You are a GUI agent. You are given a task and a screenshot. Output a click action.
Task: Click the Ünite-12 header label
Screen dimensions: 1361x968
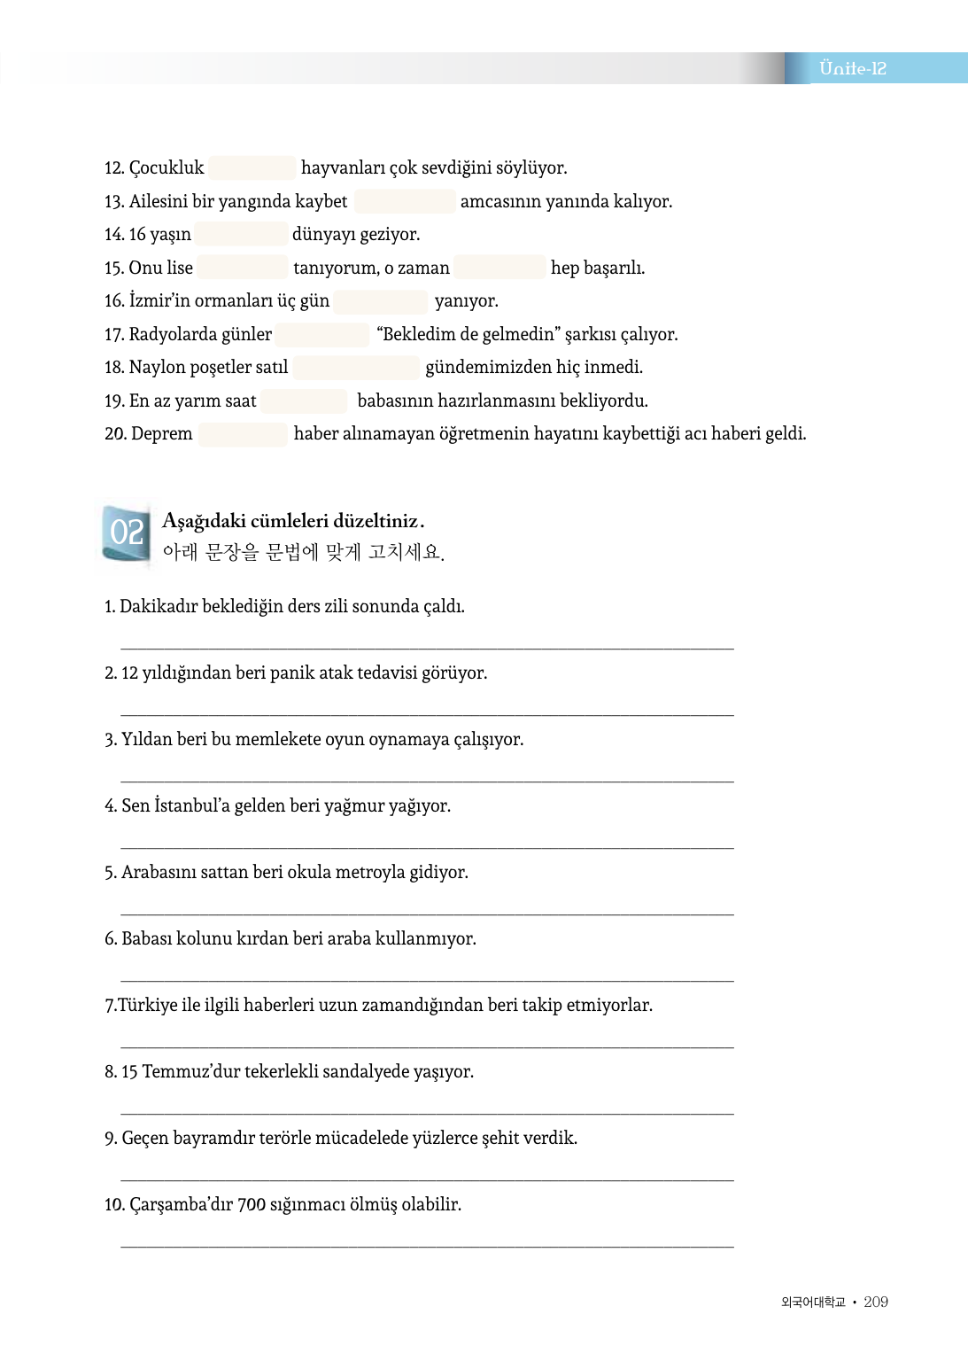click(x=852, y=68)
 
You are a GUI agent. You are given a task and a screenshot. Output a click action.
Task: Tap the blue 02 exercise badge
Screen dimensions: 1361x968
click(x=126, y=533)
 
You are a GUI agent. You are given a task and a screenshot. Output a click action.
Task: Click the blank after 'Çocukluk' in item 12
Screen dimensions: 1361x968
click(x=252, y=167)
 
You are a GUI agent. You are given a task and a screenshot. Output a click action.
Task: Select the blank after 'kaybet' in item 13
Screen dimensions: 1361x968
click(x=405, y=201)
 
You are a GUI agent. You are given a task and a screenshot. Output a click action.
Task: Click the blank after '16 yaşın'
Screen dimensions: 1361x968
click(x=241, y=234)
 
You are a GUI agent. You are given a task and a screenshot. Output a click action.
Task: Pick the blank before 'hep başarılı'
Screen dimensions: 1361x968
click(x=499, y=268)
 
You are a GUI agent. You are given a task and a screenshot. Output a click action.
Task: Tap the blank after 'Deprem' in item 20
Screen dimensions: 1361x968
click(x=243, y=433)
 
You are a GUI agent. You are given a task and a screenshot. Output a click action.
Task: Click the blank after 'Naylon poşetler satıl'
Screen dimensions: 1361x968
click(x=356, y=367)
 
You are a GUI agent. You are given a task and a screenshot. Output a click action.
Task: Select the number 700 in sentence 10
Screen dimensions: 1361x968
click(x=252, y=1204)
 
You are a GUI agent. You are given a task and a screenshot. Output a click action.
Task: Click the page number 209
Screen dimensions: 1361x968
click(x=876, y=1302)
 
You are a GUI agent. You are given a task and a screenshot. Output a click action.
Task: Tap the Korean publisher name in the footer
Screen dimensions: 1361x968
click(x=813, y=1302)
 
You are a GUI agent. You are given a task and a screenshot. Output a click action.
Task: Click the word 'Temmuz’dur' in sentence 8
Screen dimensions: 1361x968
click(x=191, y=1071)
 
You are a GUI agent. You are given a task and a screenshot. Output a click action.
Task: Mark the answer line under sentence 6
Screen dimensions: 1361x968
click(x=427, y=980)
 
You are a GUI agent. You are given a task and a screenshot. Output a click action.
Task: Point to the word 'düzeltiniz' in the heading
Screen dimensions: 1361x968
click(x=376, y=521)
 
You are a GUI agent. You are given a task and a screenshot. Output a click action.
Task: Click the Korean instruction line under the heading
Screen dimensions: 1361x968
click(x=303, y=552)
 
